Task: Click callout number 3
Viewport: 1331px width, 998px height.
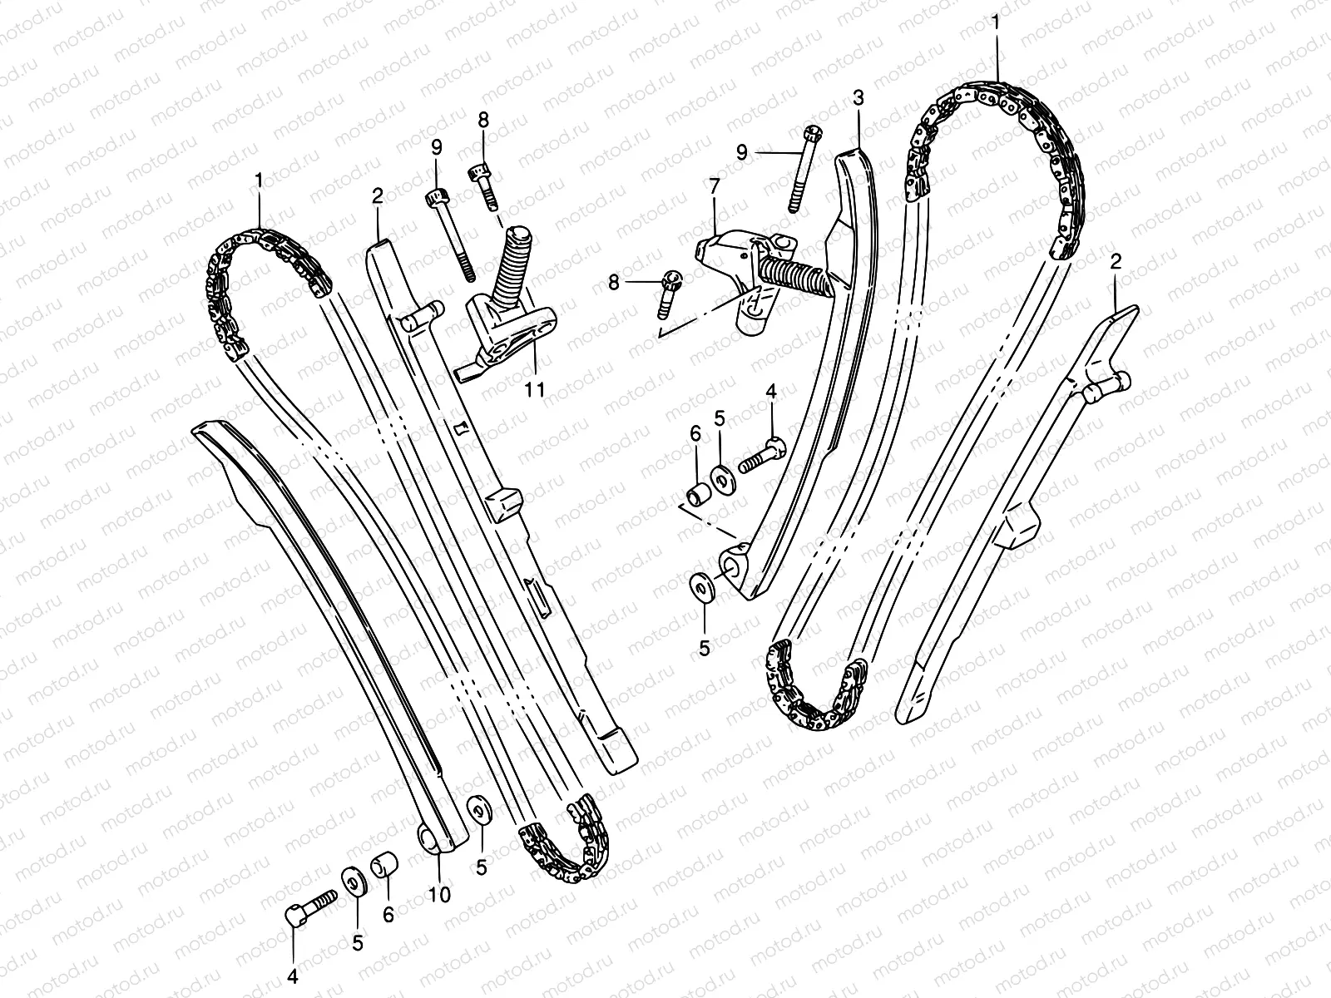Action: tap(858, 99)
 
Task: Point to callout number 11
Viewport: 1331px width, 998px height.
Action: tap(536, 388)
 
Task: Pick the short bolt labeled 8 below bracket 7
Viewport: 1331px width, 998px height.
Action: tap(668, 295)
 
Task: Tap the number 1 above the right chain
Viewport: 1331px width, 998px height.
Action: tap(997, 24)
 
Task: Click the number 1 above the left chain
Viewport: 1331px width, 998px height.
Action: tap(259, 180)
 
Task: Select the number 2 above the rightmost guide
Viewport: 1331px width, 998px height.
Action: tap(1116, 261)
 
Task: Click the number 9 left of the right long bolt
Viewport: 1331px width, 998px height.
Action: tap(742, 151)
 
